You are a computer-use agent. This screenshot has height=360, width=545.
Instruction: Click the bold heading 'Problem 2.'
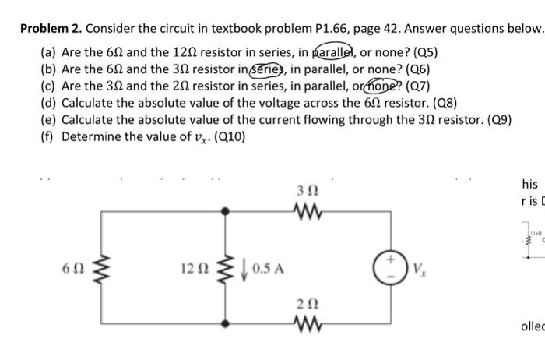[50, 29]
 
